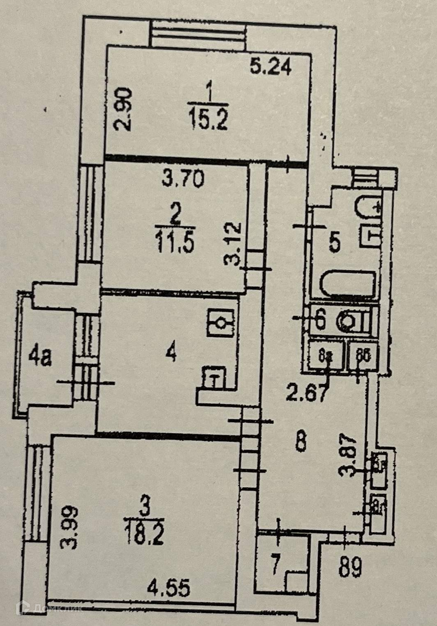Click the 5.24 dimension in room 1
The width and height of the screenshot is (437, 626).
pyautogui.click(x=271, y=67)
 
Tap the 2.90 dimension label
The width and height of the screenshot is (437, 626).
pyautogui.click(x=123, y=109)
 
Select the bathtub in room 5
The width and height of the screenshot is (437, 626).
pyautogui.click(x=347, y=283)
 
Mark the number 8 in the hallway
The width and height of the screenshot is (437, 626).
pyautogui.click(x=301, y=443)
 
